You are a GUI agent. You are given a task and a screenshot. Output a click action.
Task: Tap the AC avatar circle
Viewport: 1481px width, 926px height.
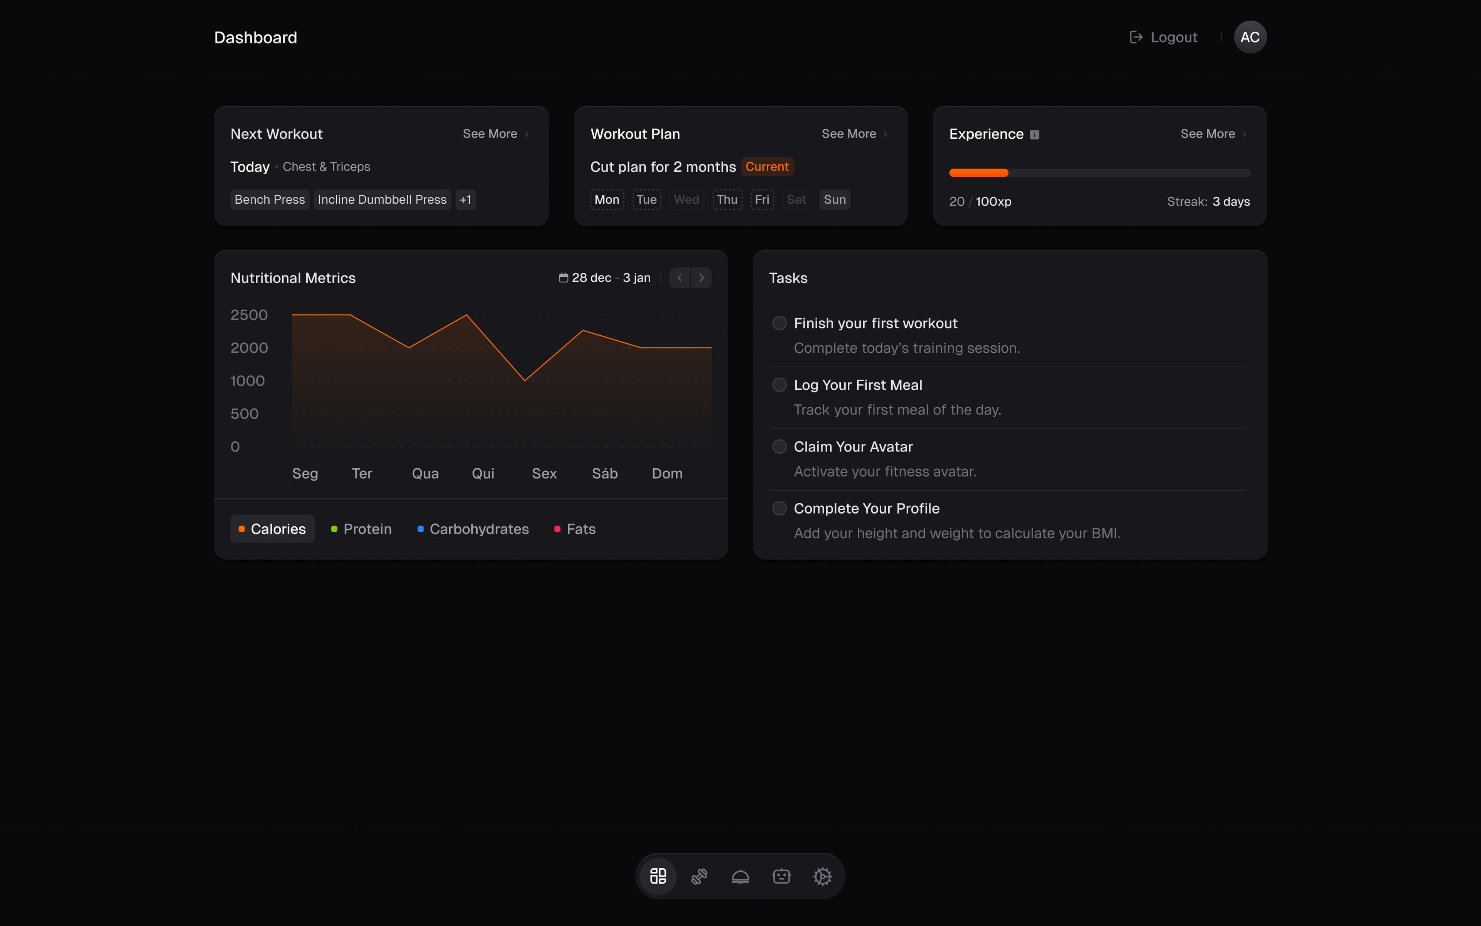click(x=1250, y=37)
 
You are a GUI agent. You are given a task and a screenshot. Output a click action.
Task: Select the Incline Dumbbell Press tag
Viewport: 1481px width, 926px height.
click(x=382, y=199)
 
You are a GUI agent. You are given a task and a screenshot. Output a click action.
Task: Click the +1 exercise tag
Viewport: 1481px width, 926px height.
click(x=465, y=199)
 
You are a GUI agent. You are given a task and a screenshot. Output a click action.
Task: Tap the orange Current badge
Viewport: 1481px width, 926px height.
click(x=767, y=167)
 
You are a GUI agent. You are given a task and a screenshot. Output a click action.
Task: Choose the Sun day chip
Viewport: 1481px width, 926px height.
click(x=834, y=199)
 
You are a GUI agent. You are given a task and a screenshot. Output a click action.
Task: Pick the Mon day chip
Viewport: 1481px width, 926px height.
click(x=606, y=199)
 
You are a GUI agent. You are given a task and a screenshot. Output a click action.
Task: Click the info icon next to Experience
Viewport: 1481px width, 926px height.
click(x=1034, y=135)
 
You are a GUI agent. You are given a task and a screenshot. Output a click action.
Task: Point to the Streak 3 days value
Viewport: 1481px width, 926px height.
click(x=1231, y=201)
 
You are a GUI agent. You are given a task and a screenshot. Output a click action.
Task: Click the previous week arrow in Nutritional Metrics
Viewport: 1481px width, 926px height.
click(x=679, y=278)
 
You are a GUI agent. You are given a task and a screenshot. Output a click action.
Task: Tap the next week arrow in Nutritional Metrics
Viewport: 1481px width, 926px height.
click(x=701, y=278)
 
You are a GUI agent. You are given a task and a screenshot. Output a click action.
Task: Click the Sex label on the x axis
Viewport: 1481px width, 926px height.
click(x=544, y=473)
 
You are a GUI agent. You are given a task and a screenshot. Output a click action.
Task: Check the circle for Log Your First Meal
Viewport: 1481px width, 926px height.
click(x=779, y=385)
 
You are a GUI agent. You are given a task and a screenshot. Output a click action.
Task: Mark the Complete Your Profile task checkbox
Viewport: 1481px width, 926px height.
click(x=779, y=508)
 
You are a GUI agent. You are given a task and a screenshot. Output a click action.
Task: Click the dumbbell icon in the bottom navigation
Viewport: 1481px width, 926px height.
click(x=699, y=876)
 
